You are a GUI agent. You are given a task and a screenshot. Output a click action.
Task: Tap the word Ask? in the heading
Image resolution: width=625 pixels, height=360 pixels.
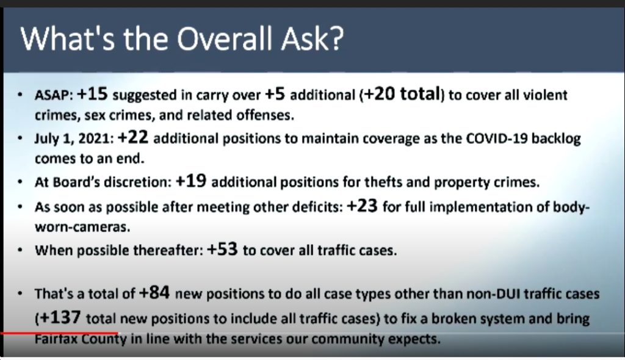point(312,39)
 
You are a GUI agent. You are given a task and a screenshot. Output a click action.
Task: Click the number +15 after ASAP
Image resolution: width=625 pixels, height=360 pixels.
point(92,94)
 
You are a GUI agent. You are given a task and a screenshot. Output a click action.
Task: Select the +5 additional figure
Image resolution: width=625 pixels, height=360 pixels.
point(275,94)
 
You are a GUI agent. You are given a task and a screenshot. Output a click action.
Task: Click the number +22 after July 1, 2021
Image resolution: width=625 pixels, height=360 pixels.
point(133,137)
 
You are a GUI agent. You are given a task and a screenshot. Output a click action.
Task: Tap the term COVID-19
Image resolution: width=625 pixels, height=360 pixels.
point(497,139)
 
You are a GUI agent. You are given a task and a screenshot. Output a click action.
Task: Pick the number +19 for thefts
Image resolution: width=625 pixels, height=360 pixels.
point(191,181)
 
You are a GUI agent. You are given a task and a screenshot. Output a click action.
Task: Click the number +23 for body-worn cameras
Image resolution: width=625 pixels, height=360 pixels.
point(362,206)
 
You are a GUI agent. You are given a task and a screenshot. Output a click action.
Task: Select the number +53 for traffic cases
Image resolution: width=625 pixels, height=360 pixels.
point(222,249)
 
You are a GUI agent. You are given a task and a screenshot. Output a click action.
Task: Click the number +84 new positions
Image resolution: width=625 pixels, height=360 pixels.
point(154,293)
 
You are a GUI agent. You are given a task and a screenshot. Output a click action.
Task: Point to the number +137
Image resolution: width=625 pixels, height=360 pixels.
point(60,317)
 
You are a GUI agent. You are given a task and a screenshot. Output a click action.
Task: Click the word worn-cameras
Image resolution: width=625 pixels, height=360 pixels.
point(82,227)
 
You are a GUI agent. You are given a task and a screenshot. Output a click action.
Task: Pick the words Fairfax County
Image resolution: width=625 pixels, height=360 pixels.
point(81,339)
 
